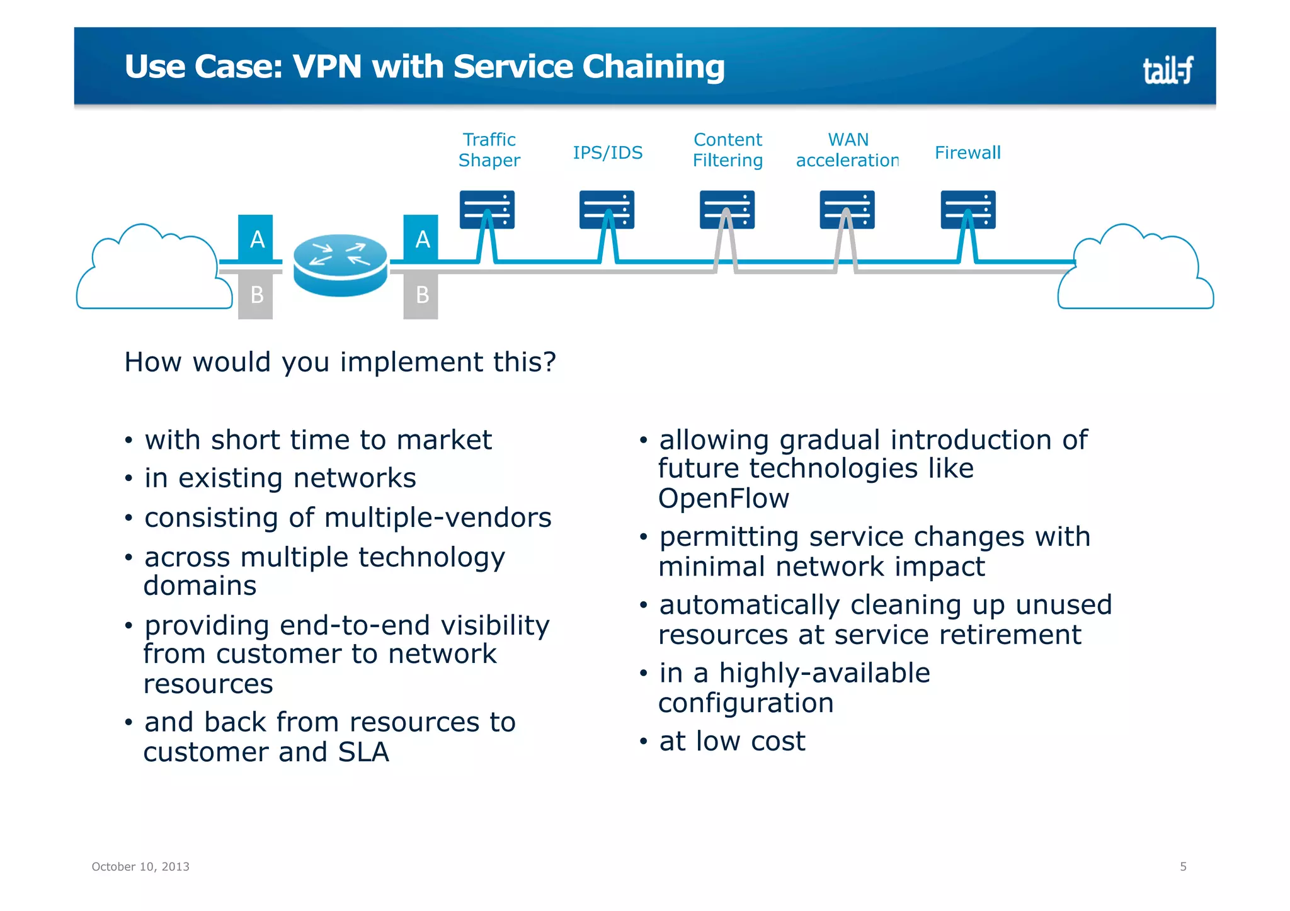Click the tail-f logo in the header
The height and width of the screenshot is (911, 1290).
[x=1167, y=70]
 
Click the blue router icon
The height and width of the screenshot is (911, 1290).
[x=340, y=264]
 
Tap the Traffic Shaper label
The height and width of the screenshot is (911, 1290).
[x=489, y=150]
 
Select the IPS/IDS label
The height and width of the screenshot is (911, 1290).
[x=607, y=152]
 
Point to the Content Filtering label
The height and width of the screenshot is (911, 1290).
[x=728, y=150]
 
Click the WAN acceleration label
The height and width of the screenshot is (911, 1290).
[x=847, y=150]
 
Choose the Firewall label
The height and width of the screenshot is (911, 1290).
[x=967, y=152]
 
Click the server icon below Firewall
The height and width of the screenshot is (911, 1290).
[x=967, y=210]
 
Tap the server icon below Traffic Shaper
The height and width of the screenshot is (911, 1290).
[x=487, y=210]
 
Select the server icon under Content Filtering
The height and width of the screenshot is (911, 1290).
[x=727, y=210]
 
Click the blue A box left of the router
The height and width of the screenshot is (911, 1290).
[x=256, y=239]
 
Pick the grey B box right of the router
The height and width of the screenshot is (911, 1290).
[x=421, y=295]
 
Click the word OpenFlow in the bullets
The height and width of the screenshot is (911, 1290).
[x=723, y=499]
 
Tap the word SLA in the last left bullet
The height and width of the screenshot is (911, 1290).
[x=363, y=752]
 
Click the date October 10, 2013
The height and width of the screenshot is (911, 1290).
[x=140, y=866]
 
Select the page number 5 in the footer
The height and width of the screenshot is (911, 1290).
[x=1183, y=866]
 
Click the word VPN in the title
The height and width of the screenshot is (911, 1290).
[x=327, y=67]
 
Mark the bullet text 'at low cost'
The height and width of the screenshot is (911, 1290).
[x=732, y=741]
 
